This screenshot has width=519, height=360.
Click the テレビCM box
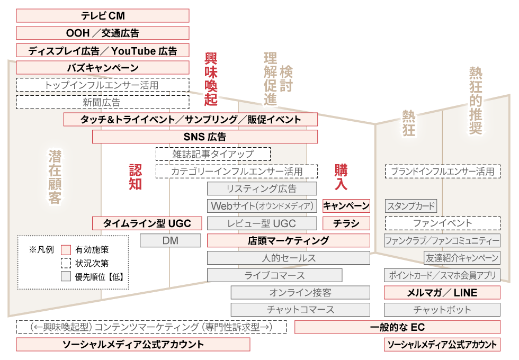[x=103, y=15]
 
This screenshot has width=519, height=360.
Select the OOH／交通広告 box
[x=103, y=33]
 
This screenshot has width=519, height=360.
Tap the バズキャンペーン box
[x=103, y=68]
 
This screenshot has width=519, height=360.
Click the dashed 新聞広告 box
[x=103, y=102]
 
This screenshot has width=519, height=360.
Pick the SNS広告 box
[x=205, y=137]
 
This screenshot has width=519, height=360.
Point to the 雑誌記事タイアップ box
[x=213, y=154]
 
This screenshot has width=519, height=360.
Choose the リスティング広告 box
[x=262, y=188]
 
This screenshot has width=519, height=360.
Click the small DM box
[x=170, y=240]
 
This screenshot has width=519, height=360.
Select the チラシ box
[x=346, y=223]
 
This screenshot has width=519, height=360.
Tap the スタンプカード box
[x=411, y=206]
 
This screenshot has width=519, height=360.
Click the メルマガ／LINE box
[x=442, y=292]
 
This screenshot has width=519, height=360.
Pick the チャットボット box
[x=442, y=310]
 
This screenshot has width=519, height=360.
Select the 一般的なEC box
[x=397, y=327]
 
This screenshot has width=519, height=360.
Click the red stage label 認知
[x=136, y=177]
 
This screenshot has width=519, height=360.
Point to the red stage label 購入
[x=341, y=177]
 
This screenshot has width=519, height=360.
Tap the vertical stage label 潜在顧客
[x=55, y=177]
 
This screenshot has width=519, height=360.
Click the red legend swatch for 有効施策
[x=66, y=249]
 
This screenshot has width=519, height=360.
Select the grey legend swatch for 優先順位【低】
[x=66, y=276]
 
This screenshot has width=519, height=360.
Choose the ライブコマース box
[x=274, y=275]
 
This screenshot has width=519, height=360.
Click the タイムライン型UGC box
[x=147, y=223]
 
